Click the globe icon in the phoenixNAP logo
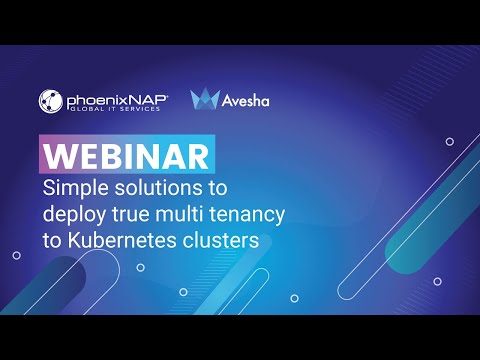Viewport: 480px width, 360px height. (52, 100)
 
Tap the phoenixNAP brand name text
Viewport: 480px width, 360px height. (116, 98)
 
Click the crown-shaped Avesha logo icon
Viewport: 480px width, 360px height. (204, 99)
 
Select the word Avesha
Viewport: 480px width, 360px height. (245, 101)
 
